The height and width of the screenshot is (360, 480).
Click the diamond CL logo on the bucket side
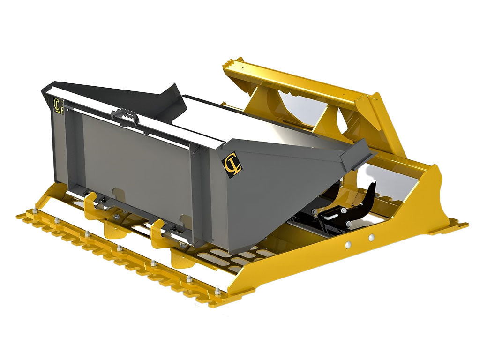232,165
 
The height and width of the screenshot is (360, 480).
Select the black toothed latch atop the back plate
126,114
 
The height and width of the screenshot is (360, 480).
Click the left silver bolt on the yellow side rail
347,244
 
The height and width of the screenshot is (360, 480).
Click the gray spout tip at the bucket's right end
357,155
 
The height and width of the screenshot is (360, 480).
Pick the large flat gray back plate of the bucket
136,159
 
